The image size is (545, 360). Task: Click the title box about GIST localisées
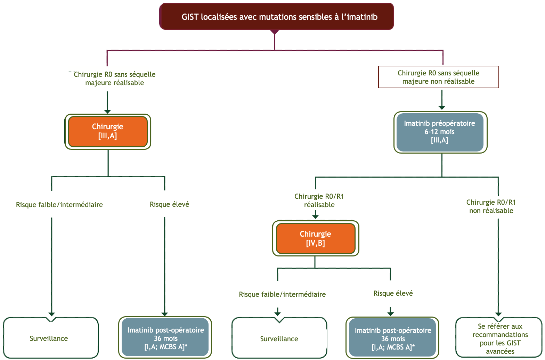click(x=276, y=17)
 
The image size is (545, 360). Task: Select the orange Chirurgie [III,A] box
click(x=108, y=131)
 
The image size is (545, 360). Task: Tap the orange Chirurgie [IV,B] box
click(x=316, y=238)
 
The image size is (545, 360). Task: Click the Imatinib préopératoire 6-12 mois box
click(x=440, y=132)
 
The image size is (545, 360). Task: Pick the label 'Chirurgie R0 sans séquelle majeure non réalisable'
click(x=438, y=77)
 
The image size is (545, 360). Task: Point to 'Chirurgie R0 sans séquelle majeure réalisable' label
click(x=115, y=78)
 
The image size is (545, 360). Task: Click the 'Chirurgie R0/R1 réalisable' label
click(x=319, y=201)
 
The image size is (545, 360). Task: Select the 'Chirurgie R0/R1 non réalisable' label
click(x=491, y=206)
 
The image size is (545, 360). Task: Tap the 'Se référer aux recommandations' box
click(x=499, y=338)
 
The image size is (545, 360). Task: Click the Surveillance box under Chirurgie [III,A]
click(x=51, y=338)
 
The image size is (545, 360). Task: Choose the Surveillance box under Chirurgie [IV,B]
click(x=279, y=338)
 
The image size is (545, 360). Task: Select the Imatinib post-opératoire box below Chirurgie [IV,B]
click(x=392, y=338)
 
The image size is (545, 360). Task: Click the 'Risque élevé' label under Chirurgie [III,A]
click(x=169, y=204)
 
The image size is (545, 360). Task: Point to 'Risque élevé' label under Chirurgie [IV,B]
click(x=393, y=293)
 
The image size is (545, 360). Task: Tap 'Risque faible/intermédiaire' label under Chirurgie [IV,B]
click(x=282, y=294)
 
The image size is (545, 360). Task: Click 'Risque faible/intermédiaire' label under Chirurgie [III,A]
click(x=59, y=205)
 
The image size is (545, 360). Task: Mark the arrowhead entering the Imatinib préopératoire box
click(x=442, y=108)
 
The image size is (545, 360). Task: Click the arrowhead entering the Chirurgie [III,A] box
click(x=107, y=112)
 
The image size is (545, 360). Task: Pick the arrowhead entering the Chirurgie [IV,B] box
click(x=315, y=217)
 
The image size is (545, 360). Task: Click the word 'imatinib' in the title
click(x=362, y=17)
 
